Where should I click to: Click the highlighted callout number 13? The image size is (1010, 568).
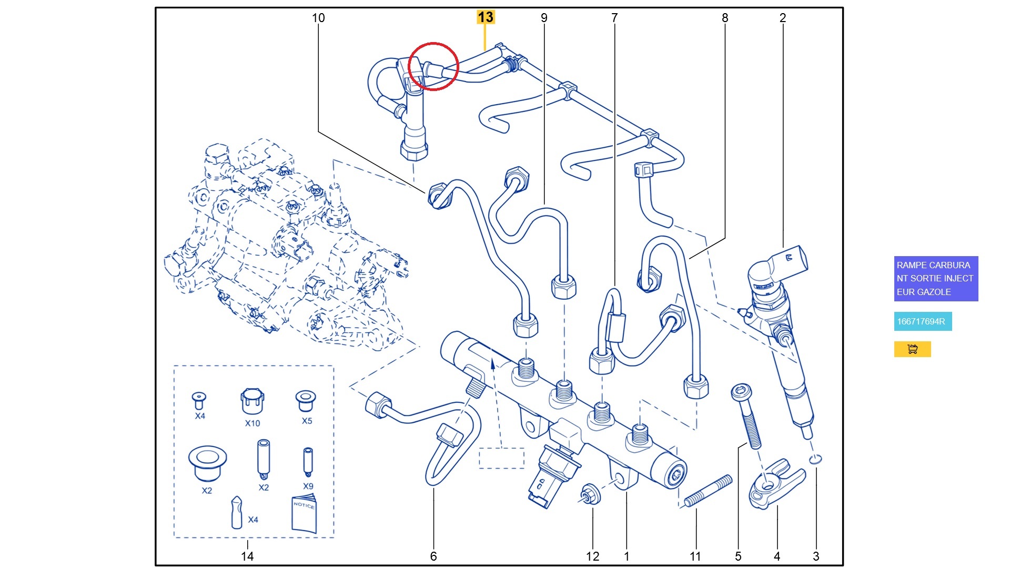pos(485,17)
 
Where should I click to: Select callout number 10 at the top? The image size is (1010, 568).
pos(318,18)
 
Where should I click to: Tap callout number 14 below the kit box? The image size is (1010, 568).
pos(247,556)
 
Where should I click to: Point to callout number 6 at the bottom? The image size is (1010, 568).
pos(433,556)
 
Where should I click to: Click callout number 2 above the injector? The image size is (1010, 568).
pos(783,18)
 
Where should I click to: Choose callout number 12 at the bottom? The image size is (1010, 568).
pos(593,556)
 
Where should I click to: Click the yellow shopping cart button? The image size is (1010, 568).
pos(912,349)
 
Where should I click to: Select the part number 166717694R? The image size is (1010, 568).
pos(922,321)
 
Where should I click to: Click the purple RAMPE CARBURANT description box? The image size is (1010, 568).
pos(935,278)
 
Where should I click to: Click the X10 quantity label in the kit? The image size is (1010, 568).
pos(252,423)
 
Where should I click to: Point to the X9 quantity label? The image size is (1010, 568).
pos(308,486)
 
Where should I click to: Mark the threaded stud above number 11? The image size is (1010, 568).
pos(708,491)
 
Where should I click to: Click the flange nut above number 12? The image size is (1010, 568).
pos(588,494)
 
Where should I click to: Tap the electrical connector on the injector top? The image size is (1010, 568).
pos(789,260)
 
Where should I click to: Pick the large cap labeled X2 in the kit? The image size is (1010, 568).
pos(207,463)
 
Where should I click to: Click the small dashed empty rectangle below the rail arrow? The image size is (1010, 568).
pos(501,458)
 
